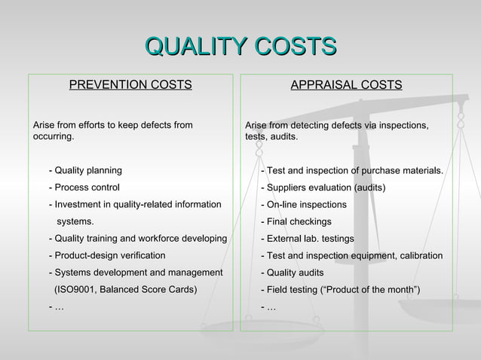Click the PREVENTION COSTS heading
[130, 84]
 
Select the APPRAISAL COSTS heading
[346, 84]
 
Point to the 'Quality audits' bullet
[295, 273]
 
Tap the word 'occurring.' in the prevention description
[54, 137]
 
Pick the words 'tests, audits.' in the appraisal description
[271, 137]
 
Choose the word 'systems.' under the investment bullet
[76, 221]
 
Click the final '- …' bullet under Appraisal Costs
[268, 307]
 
